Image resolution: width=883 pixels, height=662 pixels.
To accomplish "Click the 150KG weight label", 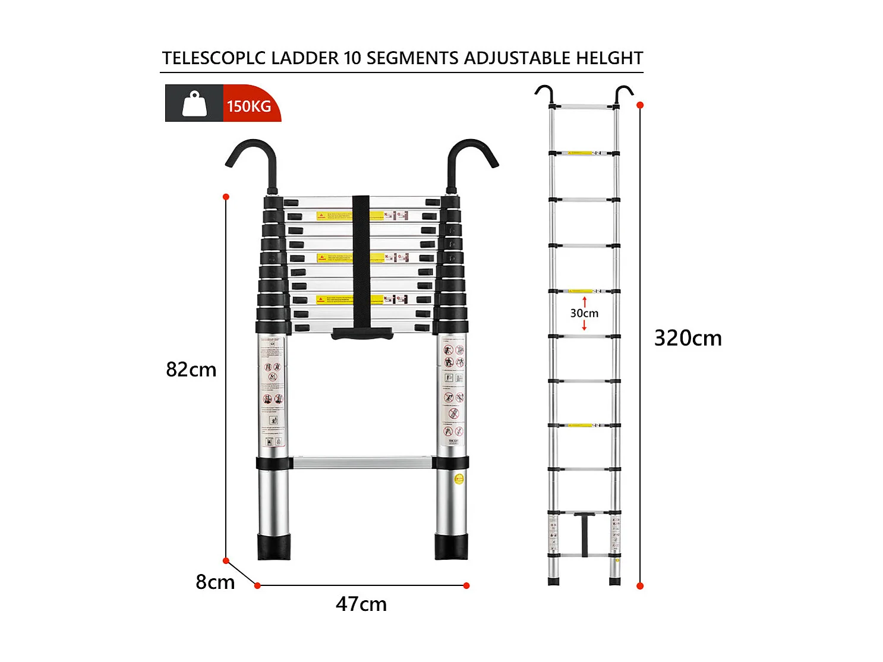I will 249,106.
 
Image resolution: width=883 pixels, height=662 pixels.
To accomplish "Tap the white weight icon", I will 194,104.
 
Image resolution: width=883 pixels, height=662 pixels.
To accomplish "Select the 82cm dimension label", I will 191,370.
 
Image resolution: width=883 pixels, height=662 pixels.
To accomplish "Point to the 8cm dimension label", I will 215,582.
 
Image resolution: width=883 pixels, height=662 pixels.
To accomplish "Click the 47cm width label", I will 361,604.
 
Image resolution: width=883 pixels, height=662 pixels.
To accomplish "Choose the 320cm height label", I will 688,338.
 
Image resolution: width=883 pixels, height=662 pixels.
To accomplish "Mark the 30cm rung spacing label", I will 584,313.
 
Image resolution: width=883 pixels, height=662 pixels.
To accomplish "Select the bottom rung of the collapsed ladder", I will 361,462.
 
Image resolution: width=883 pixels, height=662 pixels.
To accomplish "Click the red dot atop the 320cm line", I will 640,105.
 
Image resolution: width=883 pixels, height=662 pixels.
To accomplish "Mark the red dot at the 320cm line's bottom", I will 640,586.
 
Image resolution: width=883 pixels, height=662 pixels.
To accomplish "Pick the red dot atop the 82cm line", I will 226,197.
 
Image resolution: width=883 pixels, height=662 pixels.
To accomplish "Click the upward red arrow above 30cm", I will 584,301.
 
